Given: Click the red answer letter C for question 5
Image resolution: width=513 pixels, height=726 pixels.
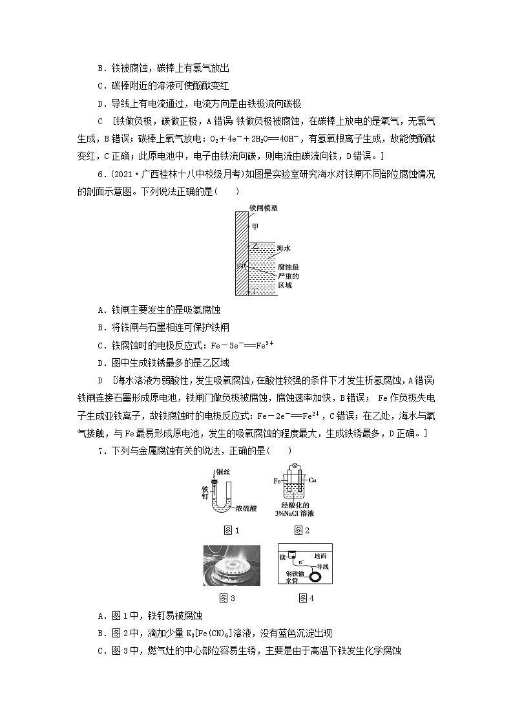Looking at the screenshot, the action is tap(99, 121).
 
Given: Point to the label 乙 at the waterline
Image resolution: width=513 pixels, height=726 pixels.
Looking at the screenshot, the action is tap(255, 246).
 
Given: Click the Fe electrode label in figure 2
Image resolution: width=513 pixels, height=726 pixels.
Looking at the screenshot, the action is tap(277, 481).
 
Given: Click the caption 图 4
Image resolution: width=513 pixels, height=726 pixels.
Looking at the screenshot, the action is tap(306, 598).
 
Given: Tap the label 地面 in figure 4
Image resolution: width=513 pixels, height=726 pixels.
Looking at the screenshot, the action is tap(320, 555).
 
